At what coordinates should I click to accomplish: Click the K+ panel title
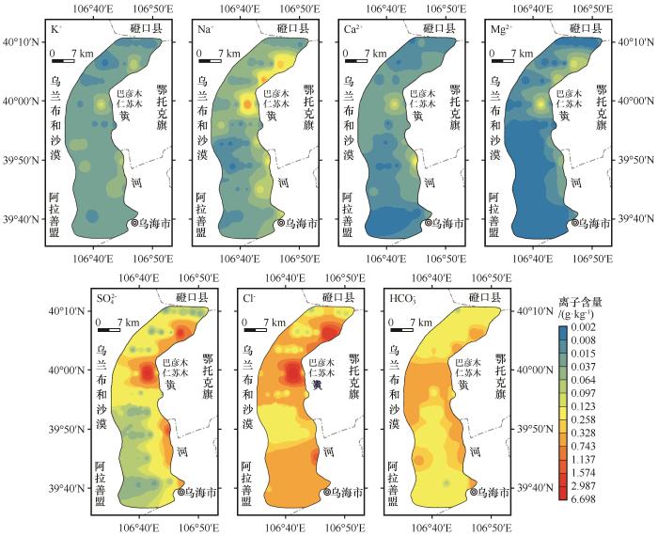point(57,31)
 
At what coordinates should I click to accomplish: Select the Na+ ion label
point(205,31)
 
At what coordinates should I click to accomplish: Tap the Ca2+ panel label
point(352,31)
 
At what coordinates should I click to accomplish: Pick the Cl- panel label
point(249,299)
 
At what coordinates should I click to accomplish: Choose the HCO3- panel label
point(400,300)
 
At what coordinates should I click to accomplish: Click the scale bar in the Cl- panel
point(256,329)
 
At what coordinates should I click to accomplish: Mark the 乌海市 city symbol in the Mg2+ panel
point(573,224)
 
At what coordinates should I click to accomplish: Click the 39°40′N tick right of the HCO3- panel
point(536,488)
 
